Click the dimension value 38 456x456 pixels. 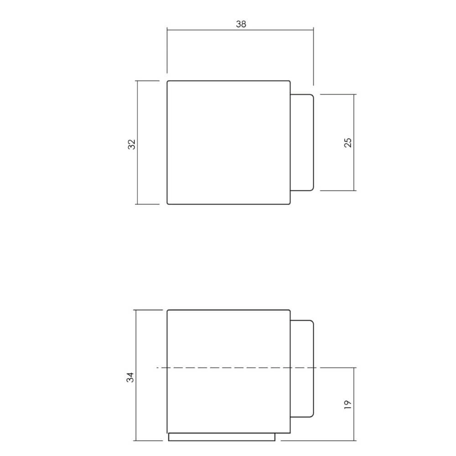[x=241, y=24]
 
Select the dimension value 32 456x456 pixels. [x=132, y=145]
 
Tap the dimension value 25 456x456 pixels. [x=348, y=142]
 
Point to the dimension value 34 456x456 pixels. [x=130, y=377]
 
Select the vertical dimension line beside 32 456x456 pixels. [x=137, y=173]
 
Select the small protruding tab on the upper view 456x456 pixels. [x=302, y=142]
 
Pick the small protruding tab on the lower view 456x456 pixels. [x=302, y=347]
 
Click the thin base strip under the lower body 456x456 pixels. [x=222, y=437]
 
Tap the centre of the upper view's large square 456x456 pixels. [x=228, y=142]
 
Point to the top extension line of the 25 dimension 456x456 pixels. [x=337, y=94]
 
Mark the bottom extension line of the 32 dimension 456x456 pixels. [x=148, y=204]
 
